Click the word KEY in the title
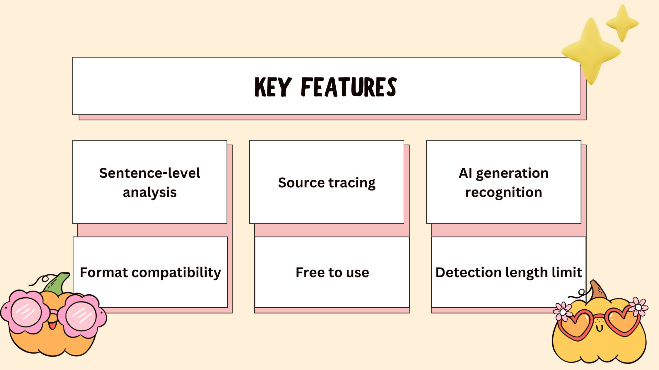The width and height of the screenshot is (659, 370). tap(273, 87)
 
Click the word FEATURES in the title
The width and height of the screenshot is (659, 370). tap(349, 87)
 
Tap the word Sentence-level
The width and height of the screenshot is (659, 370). tap(150, 173)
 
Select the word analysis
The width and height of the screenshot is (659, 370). tap(150, 193)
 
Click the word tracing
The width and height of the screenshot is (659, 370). tap(352, 183)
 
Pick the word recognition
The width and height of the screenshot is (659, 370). tap(504, 193)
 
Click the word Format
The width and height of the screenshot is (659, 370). tap(104, 273)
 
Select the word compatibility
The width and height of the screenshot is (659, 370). tap(176, 273)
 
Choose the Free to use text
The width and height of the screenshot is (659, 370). tap(332, 273)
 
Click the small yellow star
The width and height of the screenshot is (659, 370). tap(622, 23)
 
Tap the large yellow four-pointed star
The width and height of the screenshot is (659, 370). tap(591, 51)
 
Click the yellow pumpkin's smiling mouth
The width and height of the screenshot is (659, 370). tap(599, 328)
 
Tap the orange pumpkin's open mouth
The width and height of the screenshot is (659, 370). tap(52, 324)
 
